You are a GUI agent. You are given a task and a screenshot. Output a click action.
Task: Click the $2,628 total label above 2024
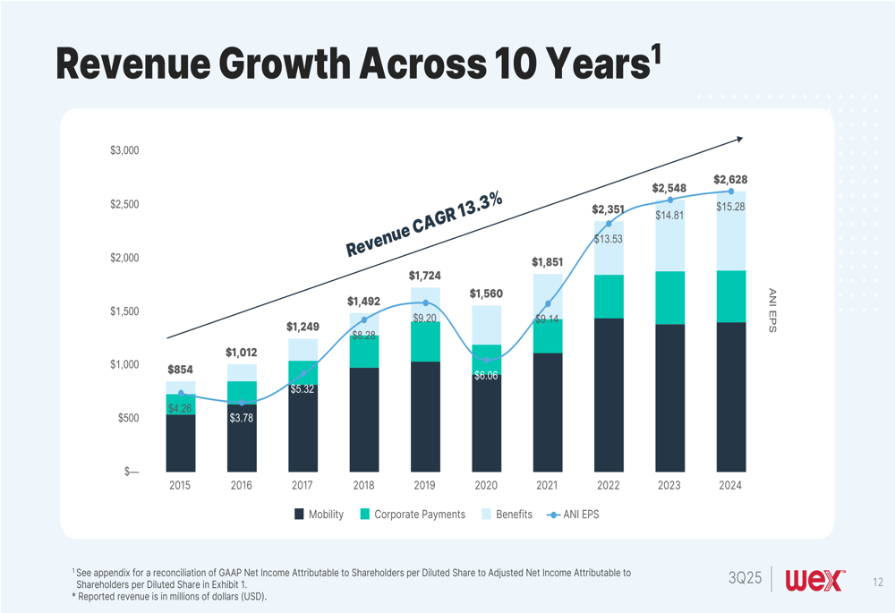point(730,180)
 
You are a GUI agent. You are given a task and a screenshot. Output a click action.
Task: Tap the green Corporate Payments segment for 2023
point(669,297)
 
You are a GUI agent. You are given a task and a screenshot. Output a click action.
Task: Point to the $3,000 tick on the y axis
point(124,150)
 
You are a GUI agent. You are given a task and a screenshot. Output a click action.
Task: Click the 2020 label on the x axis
point(486,486)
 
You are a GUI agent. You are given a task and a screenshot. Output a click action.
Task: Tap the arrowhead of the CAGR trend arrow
point(739,139)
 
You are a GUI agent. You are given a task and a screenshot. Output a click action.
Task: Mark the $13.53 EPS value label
point(609,239)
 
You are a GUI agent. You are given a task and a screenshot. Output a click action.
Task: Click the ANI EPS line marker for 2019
point(425,303)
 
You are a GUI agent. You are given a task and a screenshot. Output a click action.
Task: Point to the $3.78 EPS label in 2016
point(242,418)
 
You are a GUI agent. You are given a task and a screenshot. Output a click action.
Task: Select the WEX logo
point(814,580)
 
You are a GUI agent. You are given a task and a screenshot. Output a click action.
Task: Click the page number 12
point(877,583)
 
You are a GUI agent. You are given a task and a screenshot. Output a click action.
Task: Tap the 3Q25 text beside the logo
point(745,580)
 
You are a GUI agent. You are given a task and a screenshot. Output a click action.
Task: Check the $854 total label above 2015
point(181,370)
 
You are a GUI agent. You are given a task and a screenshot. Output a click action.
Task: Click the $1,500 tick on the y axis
point(124,311)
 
